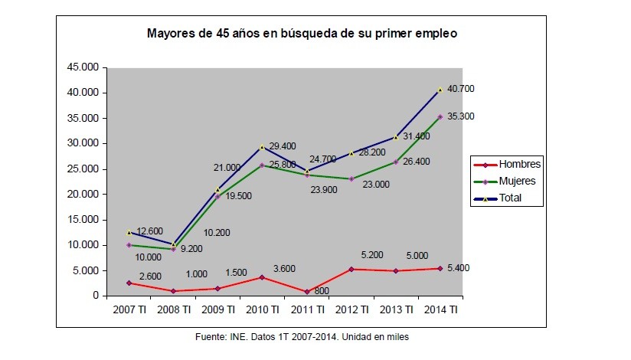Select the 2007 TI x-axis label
129,309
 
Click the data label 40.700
462,89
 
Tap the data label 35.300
462,116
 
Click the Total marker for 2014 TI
440,90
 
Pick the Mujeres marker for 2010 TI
262,165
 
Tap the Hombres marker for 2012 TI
351,269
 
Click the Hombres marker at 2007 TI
129,283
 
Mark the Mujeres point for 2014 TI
440,116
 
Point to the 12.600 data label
151,231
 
